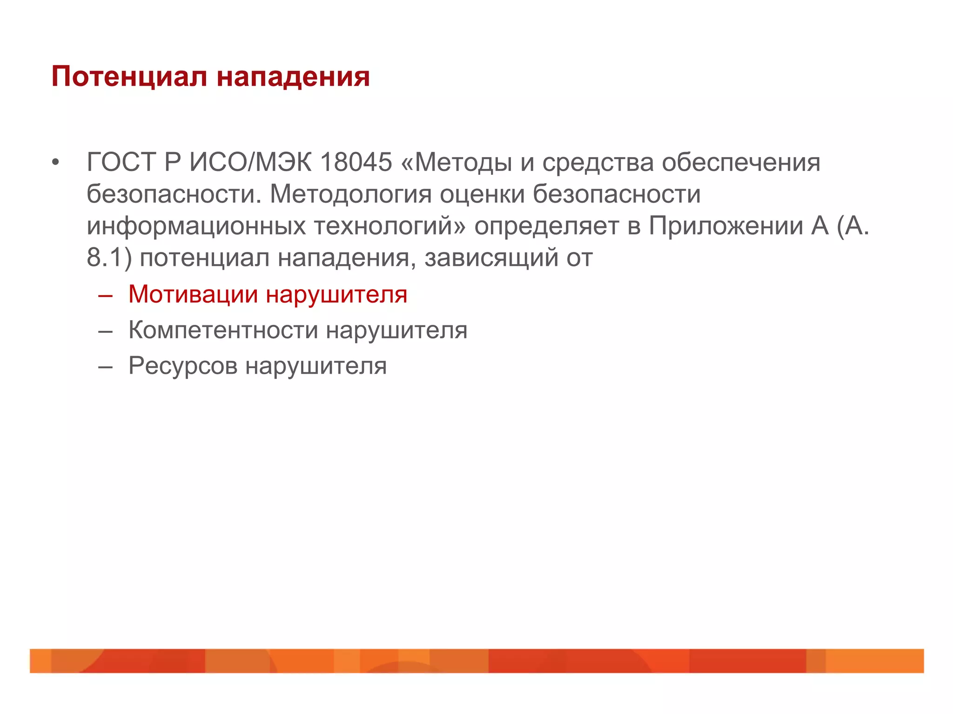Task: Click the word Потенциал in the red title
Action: pyautogui.click(x=129, y=77)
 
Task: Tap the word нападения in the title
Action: pyautogui.click(x=293, y=77)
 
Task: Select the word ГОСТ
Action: pyautogui.click(x=121, y=163)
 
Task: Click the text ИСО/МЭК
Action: pyautogui.click(x=250, y=163)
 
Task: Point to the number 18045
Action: pyautogui.click(x=356, y=163)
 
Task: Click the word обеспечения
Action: pyautogui.click(x=741, y=163)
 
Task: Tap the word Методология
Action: pyautogui.click(x=351, y=194)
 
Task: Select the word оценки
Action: pyautogui.click(x=482, y=194)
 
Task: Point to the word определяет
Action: pyautogui.click(x=547, y=226)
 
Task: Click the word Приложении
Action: pyautogui.click(x=726, y=226)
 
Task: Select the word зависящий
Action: pyautogui.click(x=491, y=258)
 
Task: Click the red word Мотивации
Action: pyautogui.click(x=193, y=294)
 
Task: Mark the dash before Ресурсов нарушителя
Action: pyautogui.click(x=106, y=367)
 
